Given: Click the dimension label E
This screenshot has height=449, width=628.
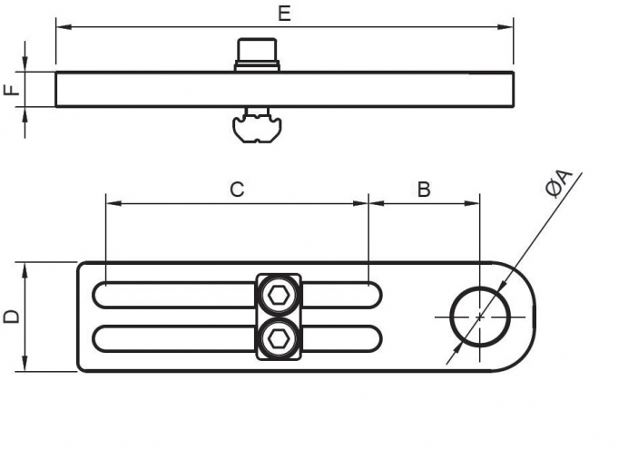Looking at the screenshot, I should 284,13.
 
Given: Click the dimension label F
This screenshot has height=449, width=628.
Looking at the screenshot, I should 11,91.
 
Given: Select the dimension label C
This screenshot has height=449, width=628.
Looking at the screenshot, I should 236,190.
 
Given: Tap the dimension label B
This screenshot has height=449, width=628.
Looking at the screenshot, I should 423,190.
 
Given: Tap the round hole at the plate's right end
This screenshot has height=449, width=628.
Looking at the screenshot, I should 479,317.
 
